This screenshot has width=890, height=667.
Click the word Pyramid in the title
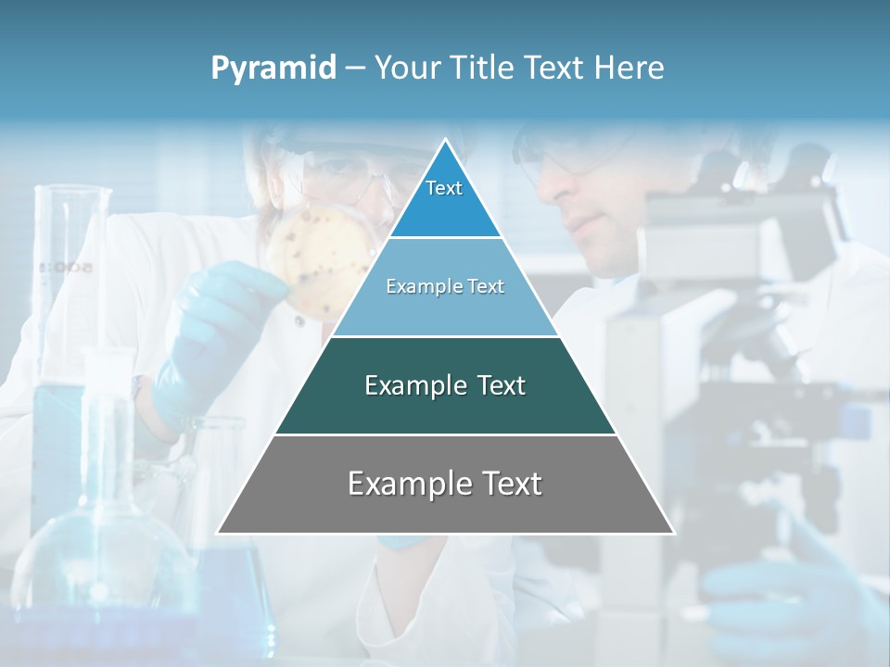tap(273, 69)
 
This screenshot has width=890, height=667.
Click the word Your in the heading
tap(408, 68)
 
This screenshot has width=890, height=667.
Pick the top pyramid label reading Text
tap(444, 188)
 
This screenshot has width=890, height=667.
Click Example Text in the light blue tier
tap(445, 286)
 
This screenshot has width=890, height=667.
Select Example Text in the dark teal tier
tap(445, 385)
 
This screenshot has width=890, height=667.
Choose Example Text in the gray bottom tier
tap(445, 484)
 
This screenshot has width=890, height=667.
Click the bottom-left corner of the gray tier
tap(219, 533)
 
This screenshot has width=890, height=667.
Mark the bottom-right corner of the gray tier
tap(672, 533)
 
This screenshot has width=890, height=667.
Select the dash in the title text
tap(355, 69)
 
